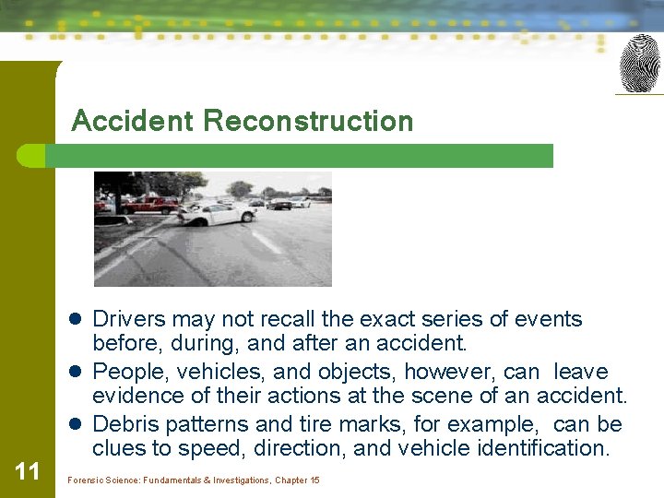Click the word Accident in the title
133,121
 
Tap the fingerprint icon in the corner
639,64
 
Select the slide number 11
28,471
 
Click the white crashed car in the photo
218,213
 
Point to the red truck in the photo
151,204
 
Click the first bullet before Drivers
78,320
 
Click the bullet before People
78,373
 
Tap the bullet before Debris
78,425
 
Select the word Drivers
129,319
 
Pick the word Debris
125,424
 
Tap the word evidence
136,397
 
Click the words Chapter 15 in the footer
297,480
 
